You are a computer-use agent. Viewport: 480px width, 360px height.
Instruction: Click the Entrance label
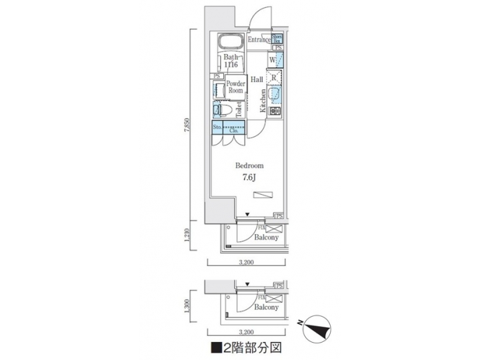point(259,41)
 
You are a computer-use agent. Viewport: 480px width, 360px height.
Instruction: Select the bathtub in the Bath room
point(231,40)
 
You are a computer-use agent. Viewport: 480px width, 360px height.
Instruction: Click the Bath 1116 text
point(231,61)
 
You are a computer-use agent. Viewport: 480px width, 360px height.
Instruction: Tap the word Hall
point(257,79)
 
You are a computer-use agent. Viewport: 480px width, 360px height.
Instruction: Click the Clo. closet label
point(234,131)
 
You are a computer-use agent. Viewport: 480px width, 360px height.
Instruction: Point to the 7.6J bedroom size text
point(248,177)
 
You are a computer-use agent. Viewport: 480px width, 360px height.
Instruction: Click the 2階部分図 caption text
point(249,347)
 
